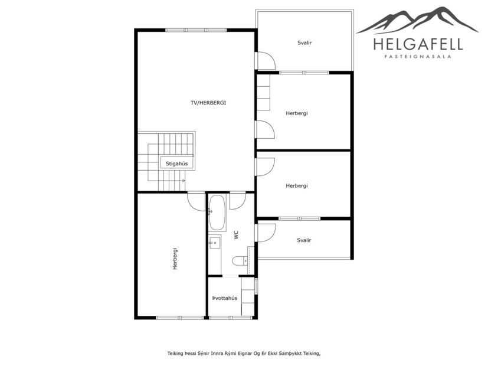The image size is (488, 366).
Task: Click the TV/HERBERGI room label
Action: coord(208,103)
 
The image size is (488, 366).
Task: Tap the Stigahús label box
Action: coord(176,163)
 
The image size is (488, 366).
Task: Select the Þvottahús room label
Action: coord(225,298)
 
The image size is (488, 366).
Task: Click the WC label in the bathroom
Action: coord(236,235)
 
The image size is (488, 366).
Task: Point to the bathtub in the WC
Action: coord(217,213)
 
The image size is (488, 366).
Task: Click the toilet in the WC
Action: coord(240,261)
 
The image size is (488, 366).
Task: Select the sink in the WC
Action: coord(214,242)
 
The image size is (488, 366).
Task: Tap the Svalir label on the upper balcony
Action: coord(304,43)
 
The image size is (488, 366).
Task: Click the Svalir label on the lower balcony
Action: coord(304,240)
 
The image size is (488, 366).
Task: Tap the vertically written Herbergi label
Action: coord(175,259)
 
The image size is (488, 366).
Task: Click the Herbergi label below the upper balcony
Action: coord(297,113)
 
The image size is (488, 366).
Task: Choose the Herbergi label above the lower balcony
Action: coord(297,186)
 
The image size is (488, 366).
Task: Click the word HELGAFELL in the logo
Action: coord(418,44)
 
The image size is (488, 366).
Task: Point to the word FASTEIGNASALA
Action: coord(418,57)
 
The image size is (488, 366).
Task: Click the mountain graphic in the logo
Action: coord(418,20)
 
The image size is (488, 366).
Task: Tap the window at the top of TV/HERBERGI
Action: coord(196,30)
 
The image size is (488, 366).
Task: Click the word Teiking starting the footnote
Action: coord(175,354)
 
